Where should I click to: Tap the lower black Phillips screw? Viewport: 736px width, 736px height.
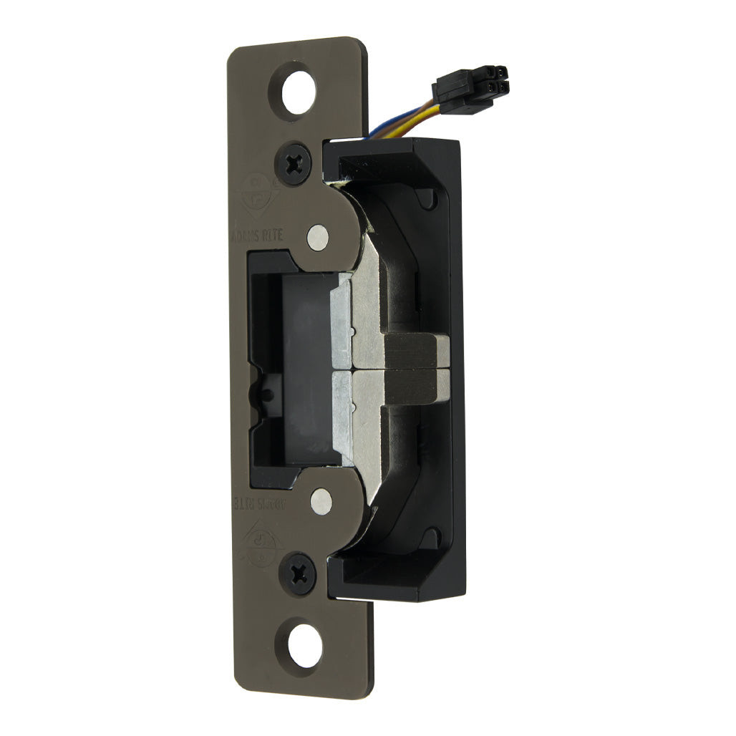tap(298, 572)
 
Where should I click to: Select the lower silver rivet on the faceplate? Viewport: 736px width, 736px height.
tap(321, 500)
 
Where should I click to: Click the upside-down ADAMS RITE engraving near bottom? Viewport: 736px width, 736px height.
tap(270, 503)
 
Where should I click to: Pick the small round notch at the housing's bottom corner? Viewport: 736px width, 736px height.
tap(430, 538)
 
